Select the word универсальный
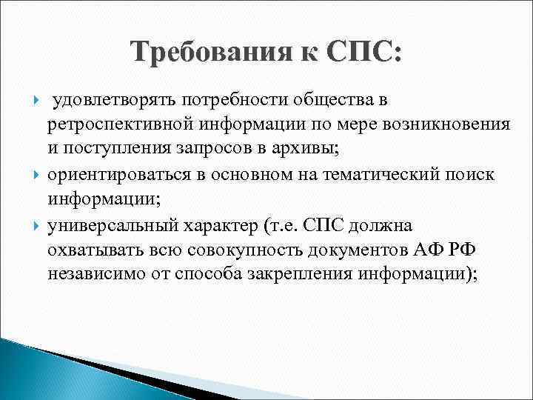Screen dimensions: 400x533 pos(115,223)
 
